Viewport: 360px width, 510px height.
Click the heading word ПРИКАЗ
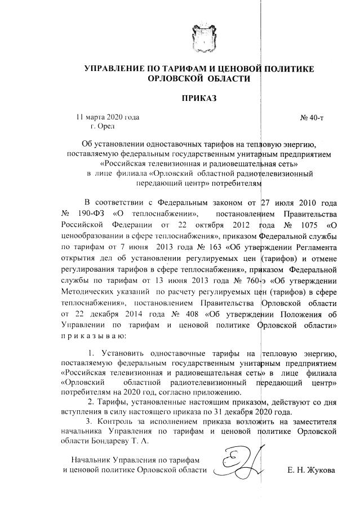198,99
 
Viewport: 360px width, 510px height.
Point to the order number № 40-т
312,118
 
